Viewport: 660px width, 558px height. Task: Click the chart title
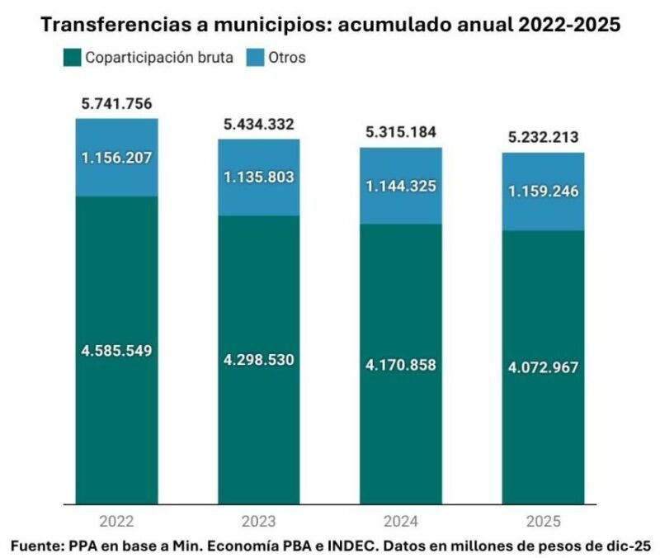[330, 26]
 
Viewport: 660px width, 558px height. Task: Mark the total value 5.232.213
[544, 138]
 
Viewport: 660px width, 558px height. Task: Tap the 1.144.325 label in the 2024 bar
[402, 186]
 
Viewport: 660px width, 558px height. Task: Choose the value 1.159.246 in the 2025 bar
[544, 192]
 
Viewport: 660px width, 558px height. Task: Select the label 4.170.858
[402, 365]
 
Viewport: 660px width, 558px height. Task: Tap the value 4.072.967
[544, 367]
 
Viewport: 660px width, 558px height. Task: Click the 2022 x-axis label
[117, 521]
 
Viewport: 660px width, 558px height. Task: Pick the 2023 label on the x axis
[259, 521]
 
